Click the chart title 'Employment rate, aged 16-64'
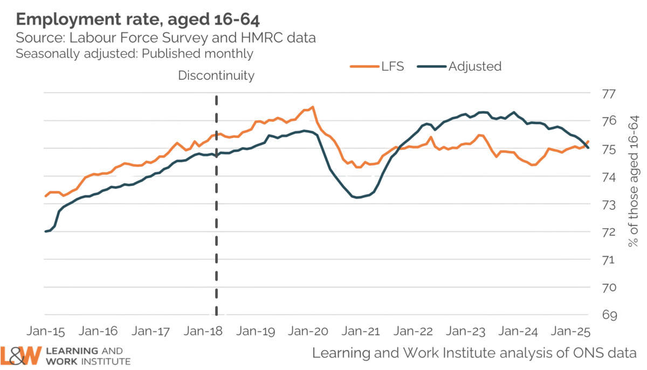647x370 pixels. (x=138, y=20)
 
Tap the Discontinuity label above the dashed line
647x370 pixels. (x=216, y=76)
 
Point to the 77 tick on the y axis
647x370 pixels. (x=609, y=93)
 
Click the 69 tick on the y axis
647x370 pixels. (x=609, y=315)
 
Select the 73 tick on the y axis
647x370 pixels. (x=609, y=204)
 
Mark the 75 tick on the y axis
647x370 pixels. (x=609, y=149)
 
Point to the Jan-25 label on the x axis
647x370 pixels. (x=569, y=330)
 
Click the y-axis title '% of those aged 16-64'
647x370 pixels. (x=635, y=181)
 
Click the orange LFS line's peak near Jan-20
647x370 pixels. (x=313, y=107)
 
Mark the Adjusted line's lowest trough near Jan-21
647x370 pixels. (x=357, y=198)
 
